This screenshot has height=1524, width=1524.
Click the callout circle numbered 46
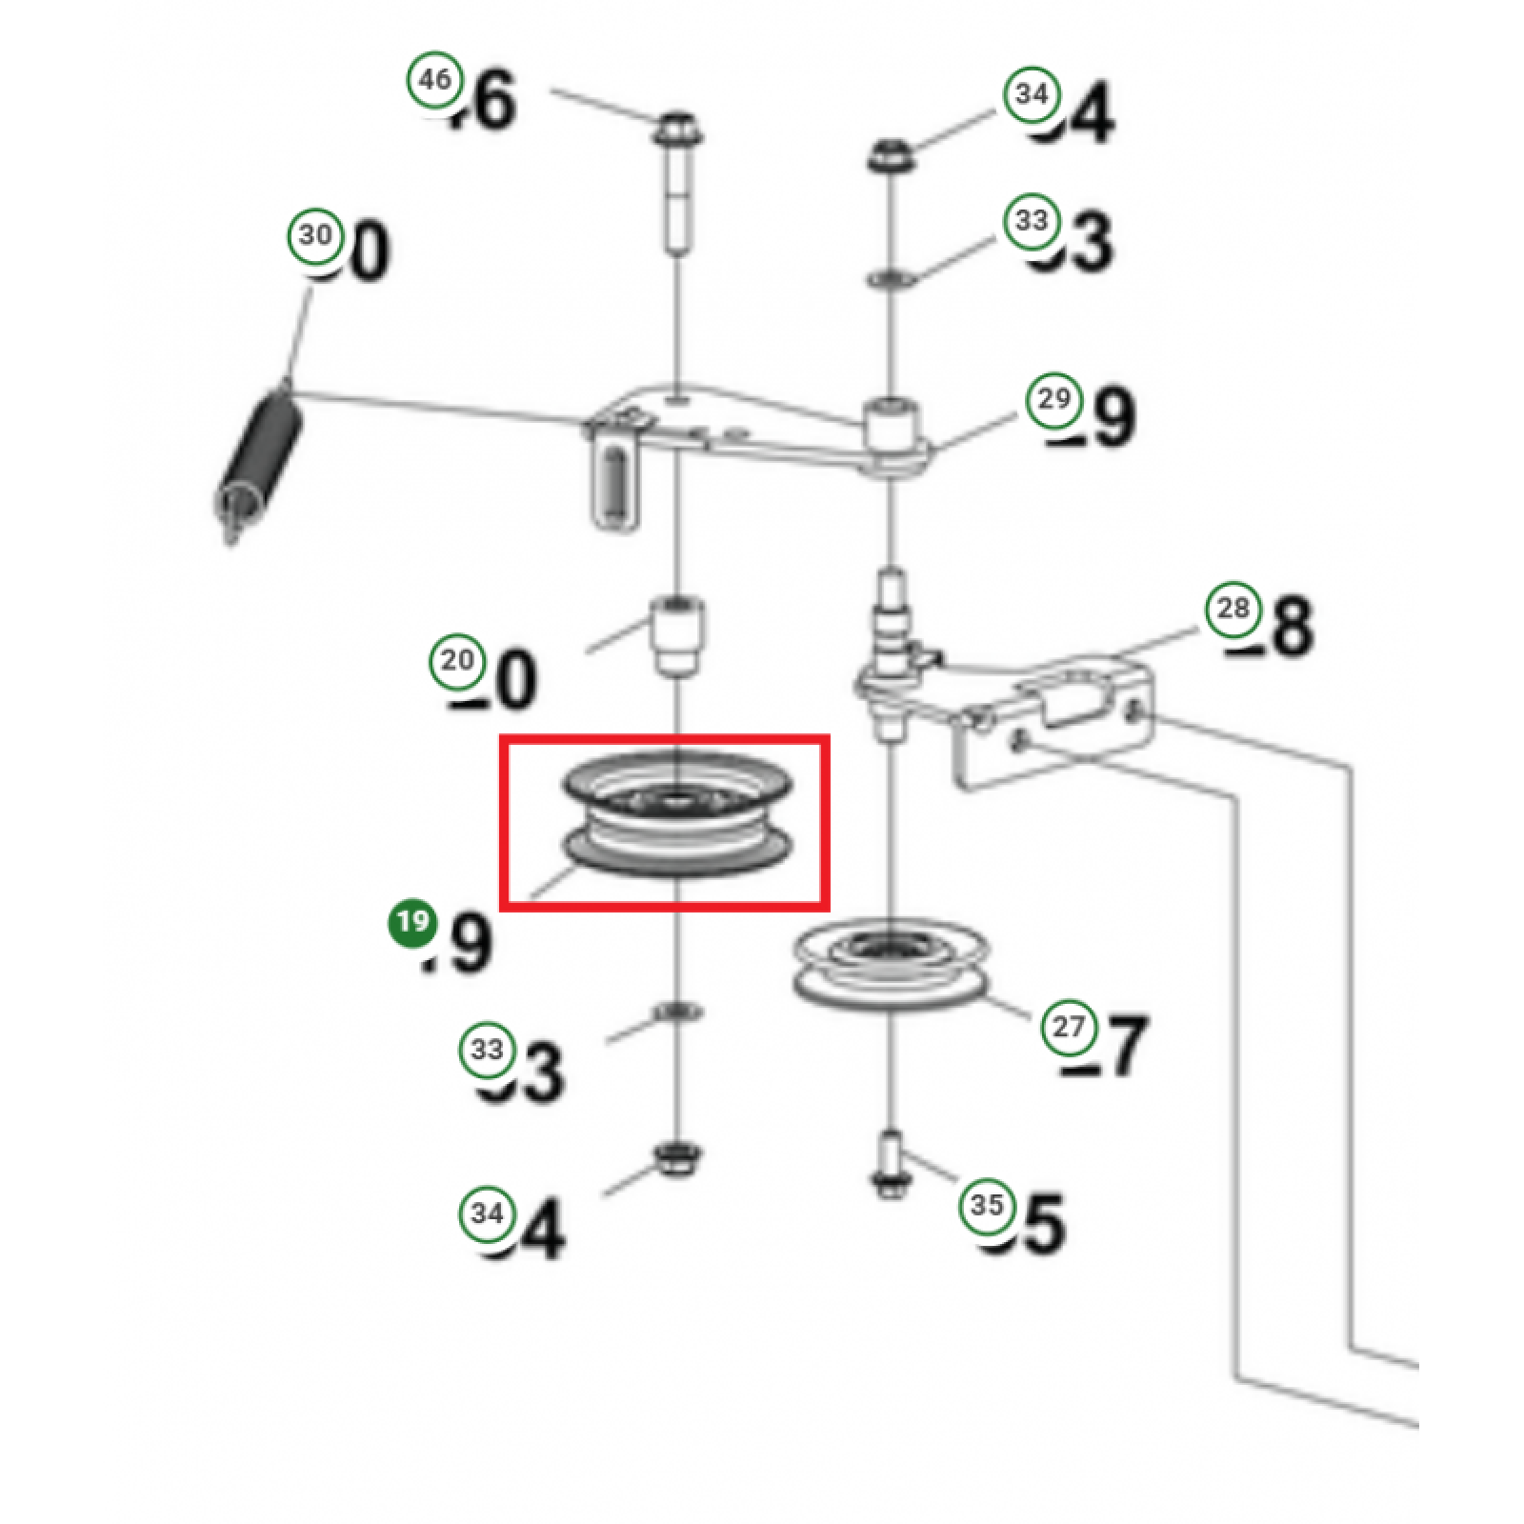click(435, 79)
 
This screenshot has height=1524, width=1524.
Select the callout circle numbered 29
click(1053, 399)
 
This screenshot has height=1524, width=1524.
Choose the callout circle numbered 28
click(1233, 609)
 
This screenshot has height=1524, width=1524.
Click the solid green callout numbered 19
click(412, 924)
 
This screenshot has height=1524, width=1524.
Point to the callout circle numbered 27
click(1069, 1027)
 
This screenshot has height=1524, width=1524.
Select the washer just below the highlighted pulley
click(676, 1011)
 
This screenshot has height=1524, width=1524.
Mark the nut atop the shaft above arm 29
click(892, 154)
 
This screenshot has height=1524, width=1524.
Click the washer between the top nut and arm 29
click(892, 279)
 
